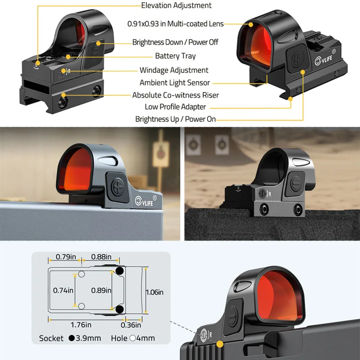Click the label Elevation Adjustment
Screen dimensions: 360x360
(x=176, y=6)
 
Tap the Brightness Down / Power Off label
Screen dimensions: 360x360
(x=175, y=42)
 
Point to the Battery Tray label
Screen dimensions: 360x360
(x=175, y=56)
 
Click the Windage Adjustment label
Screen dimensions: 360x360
(x=174, y=70)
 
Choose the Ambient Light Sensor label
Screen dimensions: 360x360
(x=175, y=83)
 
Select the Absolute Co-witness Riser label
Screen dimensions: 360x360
(x=175, y=95)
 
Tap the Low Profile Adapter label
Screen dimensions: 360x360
(x=175, y=107)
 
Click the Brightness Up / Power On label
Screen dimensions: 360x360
(x=175, y=119)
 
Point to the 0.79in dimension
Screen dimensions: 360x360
(x=65, y=257)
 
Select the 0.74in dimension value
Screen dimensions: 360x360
(x=63, y=290)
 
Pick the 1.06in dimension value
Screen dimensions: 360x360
(x=154, y=292)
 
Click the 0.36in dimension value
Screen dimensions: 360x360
(x=131, y=325)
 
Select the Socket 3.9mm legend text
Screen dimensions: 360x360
(x=70, y=338)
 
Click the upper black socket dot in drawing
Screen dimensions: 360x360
(x=120, y=271)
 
